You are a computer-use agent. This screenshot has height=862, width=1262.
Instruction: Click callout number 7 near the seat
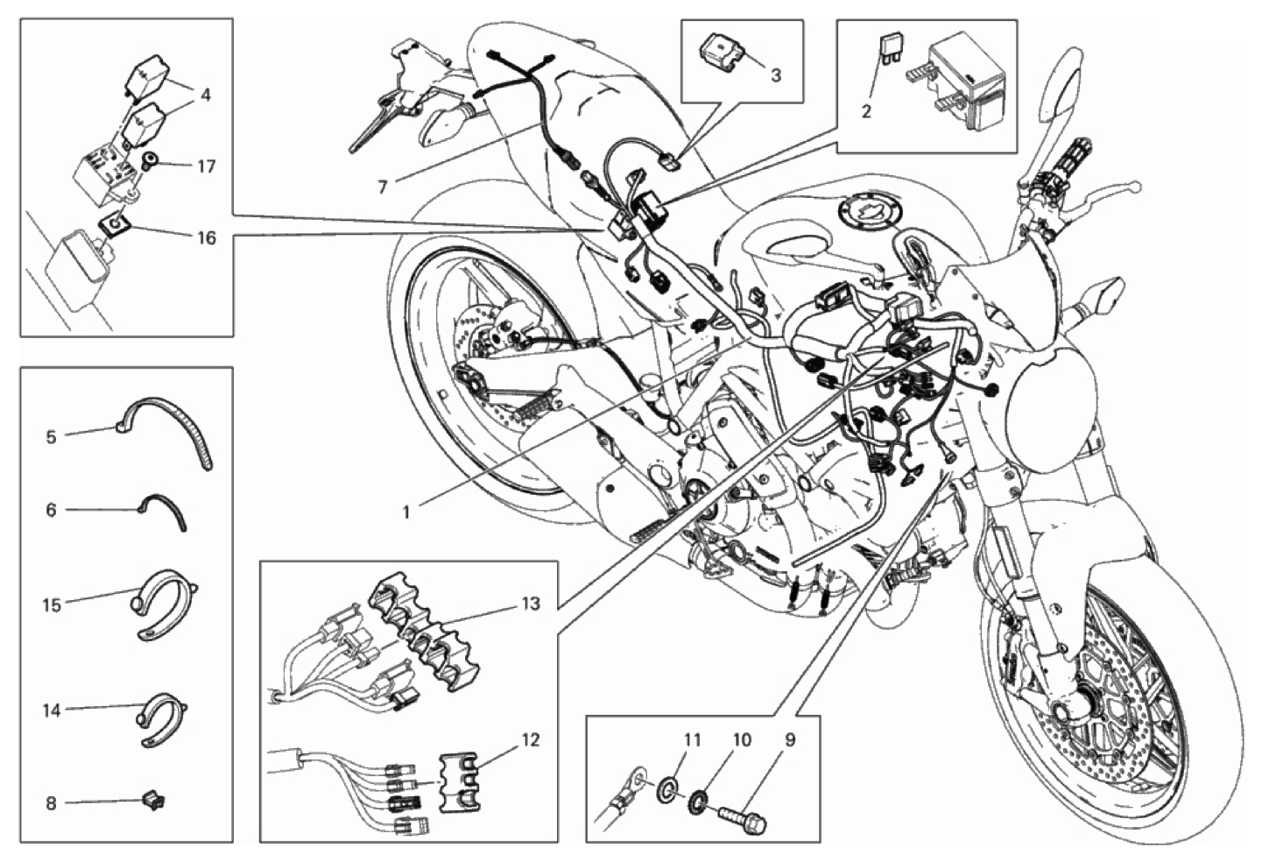[x=383, y=187]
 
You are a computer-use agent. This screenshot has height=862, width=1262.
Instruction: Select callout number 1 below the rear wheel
[x=406, y=512]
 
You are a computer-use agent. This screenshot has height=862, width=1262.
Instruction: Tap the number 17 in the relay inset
[x=206, y=166]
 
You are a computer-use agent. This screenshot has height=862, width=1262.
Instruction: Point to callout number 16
[x=206, y=237]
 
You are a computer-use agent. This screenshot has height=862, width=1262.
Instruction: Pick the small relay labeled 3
[x=721, y=51]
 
